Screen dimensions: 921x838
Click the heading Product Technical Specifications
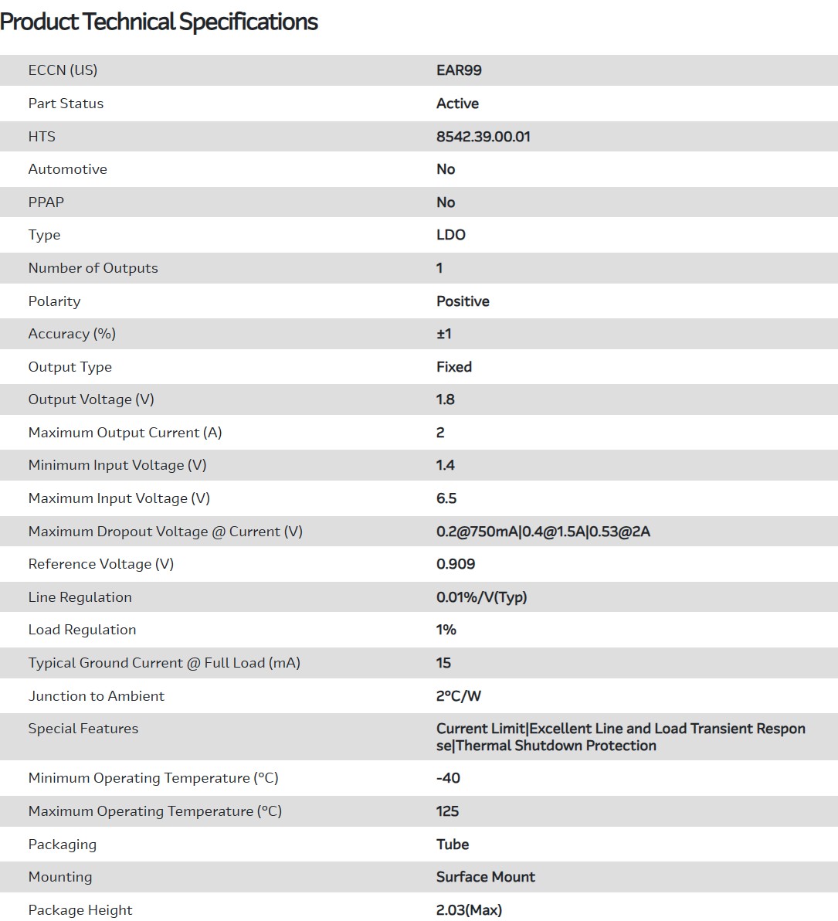[x=158, y=22]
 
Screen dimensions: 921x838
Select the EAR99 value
[x=459, y=70]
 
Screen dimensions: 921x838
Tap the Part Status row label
[x=66, y=104]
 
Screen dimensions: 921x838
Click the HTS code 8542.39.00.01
[x=483, y=137]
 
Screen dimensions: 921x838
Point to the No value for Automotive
[x=446, y=169]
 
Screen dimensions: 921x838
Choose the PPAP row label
[x=46, y=202]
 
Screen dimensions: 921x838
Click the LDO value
[x=450, y=235]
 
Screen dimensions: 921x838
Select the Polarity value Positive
[x=463, y=301]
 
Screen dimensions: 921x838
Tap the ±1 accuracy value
[x=443, y=334]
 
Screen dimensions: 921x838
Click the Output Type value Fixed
[x=453, y=367]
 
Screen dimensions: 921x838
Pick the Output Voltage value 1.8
[x=445, y=399]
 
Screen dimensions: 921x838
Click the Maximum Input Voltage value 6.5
[x=446, y=498]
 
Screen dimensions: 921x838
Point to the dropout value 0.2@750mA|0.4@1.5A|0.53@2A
[x=543, y=532]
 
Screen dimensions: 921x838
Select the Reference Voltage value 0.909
[x=456, y=564]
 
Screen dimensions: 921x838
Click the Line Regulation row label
[x=80, y=597]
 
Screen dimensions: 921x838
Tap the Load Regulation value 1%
[x=446, y=630]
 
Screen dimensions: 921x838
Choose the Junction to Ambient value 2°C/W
[x=458, y=696]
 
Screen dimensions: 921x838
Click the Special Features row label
[x=83, y=729]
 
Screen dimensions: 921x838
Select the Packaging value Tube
[x=453, y=845]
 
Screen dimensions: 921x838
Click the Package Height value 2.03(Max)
[x=469, y=910]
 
